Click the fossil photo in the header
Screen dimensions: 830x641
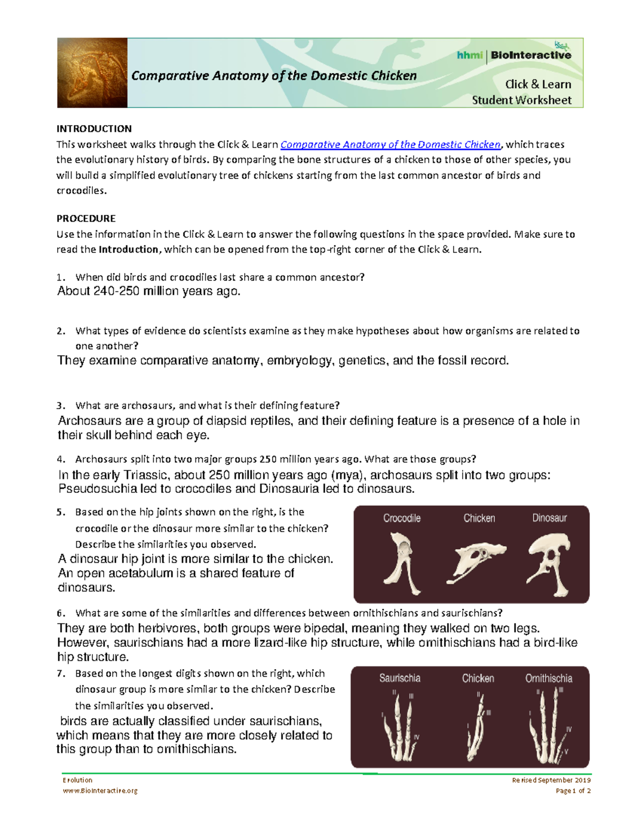point(92,73)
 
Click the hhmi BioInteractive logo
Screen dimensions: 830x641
point(514,55)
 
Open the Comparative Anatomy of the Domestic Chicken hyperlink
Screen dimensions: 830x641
point(390,144)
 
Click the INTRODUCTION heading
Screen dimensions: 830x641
point(94,129)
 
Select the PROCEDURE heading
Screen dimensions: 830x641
point(86,219)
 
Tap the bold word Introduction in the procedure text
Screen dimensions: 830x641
point(129,250)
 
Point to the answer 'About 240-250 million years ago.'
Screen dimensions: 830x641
point(149,291)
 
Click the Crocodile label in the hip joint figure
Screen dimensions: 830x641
point(402,518)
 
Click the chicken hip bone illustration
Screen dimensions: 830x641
point(478,562)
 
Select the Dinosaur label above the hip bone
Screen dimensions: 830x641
point(549,518)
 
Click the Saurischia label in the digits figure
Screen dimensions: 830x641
point(400,678)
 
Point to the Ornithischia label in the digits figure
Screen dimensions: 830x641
point(549,678)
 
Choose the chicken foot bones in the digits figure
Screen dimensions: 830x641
point(478,727)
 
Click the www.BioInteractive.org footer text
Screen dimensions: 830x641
point(100,791)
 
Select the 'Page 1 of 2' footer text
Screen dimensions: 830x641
point(573,791)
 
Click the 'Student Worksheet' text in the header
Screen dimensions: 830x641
point(521,100)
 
